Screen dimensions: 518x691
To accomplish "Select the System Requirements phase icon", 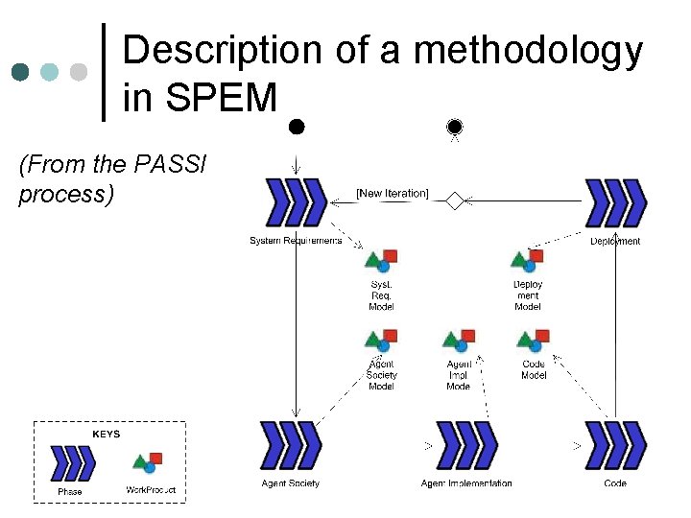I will point(296,201).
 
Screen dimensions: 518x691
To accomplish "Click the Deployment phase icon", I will point(615,202).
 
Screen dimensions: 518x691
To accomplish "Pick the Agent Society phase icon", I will point(290,445).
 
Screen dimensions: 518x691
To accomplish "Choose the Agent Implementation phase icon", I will point(465,445).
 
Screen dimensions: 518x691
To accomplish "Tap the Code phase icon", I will point(615,445).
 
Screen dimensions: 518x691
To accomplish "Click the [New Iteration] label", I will point(392,193).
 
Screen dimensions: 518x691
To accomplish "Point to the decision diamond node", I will point(454,200).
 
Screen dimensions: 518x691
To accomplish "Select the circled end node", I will point(454,126).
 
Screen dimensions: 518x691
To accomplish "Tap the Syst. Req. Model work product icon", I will point(381,260).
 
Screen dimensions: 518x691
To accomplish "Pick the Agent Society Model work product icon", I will point(381,341).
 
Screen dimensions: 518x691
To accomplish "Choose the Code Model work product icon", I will point(533,340).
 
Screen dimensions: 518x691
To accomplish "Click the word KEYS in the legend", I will point(106,434).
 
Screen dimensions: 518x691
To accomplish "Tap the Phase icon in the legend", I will point(73,463).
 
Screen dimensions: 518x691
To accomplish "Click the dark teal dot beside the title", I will point(21,72).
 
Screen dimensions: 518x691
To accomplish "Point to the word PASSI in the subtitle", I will point(174,165).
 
